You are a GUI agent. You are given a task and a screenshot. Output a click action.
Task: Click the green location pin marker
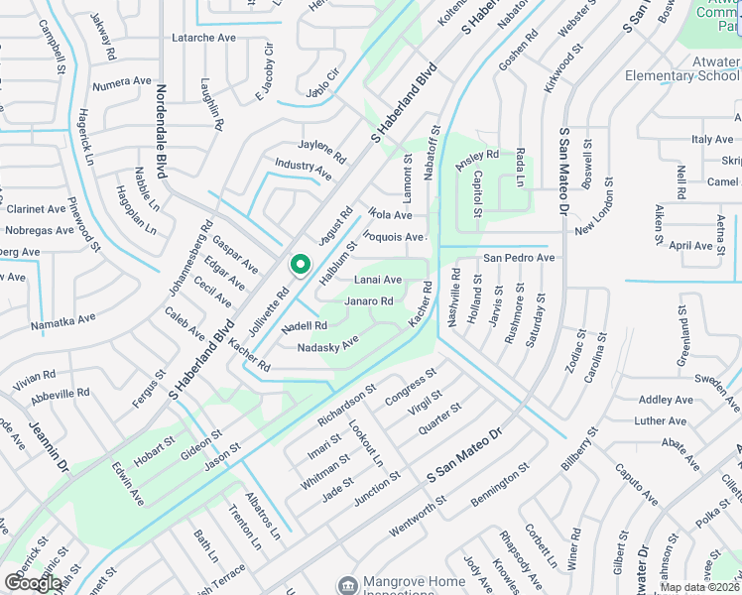tap(300, 265)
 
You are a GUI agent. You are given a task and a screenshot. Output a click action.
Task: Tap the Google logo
tap(33, 583)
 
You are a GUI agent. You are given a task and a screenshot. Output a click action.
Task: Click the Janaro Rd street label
tap(369, 301)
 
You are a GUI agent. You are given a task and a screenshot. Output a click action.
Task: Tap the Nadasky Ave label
tap(327, 345)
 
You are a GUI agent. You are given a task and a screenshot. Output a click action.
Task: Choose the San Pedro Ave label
tap(518, 258)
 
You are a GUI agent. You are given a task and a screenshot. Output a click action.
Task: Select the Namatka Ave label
tap(62, 320)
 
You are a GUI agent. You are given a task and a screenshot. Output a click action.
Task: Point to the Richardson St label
tap(347, 406)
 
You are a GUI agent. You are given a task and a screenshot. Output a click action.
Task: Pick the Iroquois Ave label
tap(393, 237)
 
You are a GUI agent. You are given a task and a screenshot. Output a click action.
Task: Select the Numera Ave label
tap(121, 84)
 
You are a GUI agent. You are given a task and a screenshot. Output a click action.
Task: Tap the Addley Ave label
tap(666, 400)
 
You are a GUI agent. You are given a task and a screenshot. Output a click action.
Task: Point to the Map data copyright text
tap(699, 587)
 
